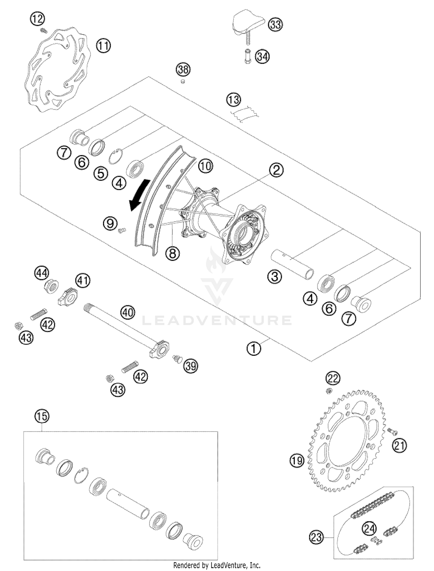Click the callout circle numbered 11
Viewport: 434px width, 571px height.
104,46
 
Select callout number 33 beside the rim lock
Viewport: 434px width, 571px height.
275,25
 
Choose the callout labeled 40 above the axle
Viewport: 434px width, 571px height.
128,313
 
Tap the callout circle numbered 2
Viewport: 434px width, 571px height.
276,170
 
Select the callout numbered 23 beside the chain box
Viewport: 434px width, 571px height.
316,537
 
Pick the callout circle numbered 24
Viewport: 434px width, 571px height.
369,529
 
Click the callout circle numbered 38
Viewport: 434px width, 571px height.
183,70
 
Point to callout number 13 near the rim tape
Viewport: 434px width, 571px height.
233,100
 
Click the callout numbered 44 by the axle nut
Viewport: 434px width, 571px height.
42,273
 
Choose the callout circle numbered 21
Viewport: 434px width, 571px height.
399,445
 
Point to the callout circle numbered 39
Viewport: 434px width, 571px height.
191,366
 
